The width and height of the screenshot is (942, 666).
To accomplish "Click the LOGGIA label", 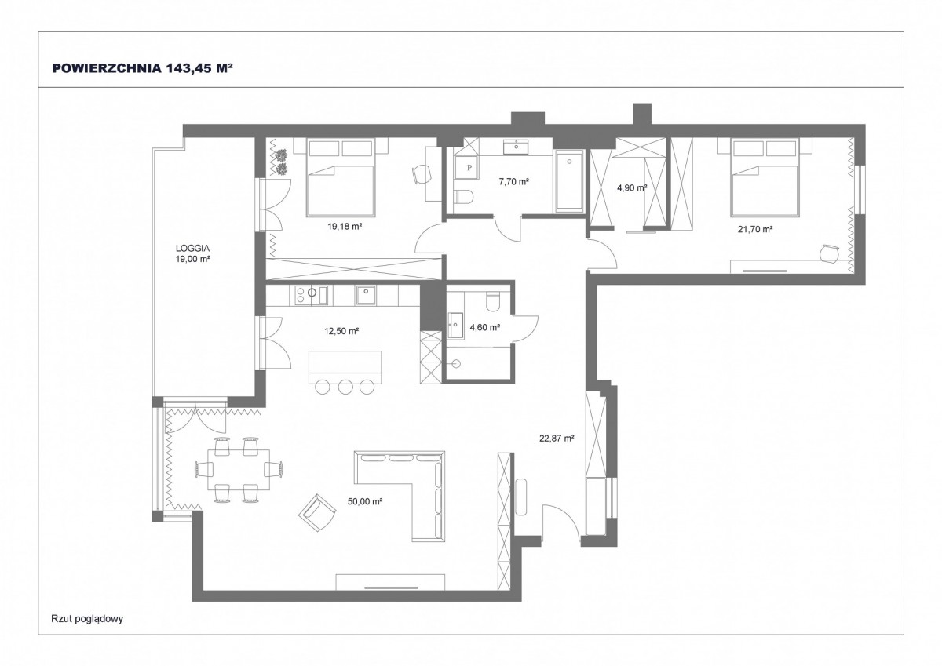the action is [x=192, y=249].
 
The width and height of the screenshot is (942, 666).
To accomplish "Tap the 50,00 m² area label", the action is [x=364, y=501].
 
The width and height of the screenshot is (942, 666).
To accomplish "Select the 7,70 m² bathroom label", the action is [x=513, y=181].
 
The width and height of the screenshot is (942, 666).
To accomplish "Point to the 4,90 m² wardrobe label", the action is [x=632, y=187].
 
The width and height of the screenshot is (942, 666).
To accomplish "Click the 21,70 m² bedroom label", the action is [x=755, y=229].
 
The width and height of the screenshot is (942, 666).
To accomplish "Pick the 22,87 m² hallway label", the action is [x=557, y=439].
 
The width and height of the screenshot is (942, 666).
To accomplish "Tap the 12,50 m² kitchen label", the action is [x=341, y=331].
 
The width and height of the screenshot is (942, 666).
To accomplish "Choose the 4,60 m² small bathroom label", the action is [x=485, y=327].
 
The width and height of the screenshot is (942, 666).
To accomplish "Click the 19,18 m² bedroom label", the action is [x=345, y=227].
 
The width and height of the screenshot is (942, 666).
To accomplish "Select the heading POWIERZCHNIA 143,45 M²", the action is [x=143, y=68].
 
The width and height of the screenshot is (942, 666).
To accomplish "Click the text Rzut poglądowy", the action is [x=87, y=618].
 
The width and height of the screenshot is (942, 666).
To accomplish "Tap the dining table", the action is [x=239, y=470].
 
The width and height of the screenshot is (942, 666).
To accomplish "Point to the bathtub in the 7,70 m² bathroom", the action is [x=569, y=181].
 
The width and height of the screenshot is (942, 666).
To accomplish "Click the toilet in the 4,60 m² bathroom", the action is [x=492, y=301].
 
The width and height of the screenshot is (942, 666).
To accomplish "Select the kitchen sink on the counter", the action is [x=366, y=295].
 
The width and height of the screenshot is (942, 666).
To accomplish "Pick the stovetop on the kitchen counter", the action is [x=311, y=295].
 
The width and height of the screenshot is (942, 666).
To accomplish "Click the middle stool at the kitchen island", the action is [x=345, y=387].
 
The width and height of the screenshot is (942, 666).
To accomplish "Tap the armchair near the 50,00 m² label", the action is [x=317, y=513].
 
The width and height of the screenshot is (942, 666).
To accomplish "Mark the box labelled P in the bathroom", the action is [x=469, y=168].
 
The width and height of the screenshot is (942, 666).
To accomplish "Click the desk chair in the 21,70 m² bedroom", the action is [x=829, y=255].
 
